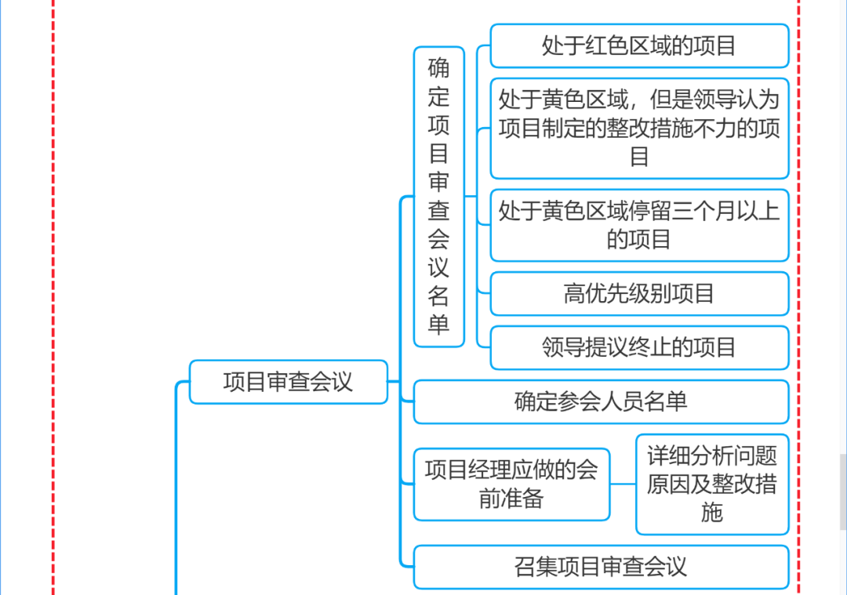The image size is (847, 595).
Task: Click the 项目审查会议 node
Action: pyautogui.click(x=288, y=382)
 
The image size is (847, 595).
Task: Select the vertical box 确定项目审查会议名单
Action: pyautogui.click(x=438, y=196)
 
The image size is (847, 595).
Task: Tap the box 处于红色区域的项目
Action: pyautogui.click(x=638, y=45)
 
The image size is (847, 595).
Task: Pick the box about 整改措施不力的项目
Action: pyautogui.click(x=638, y=128)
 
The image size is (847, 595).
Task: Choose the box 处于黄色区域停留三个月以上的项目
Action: pyautogui.click(x=638, y=225)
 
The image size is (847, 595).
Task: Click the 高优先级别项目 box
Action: pyautogui.click(x=638, y=294)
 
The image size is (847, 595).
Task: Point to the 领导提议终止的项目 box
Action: pyautogui.click(x=638, y=347)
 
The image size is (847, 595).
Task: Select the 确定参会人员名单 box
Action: pyautogui.click(x=600, y=401)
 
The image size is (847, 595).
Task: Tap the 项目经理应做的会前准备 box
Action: pyautogui.click(x=511, y=484)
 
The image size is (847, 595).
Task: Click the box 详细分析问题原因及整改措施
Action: pyautogui.click(x=711, y=484)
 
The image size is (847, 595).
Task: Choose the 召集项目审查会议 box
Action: pyautogui.click(x=600, y=566)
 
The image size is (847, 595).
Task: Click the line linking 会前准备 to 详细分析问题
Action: pyautogui.click(x=623, y=484)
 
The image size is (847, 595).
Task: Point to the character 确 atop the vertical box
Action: pyautogui.click(x=438, y=68)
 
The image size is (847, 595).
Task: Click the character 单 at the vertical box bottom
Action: pyautogui.click(x=438, y=324)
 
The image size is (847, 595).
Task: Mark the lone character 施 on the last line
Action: pyautogui.click(x=711, y=513)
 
